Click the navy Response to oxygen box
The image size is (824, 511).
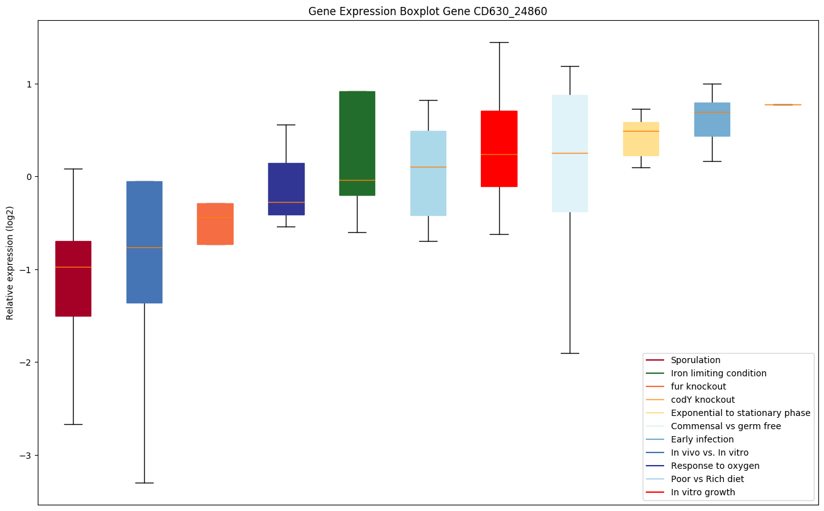click(286, 189)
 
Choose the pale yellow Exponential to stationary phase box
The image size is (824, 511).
click(641, 138)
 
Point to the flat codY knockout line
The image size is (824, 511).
click(783, 104)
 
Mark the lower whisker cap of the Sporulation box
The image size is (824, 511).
click(73, 424)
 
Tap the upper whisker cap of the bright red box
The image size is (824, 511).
click(499, 42)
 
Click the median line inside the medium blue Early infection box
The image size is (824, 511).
click(712, 112)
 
